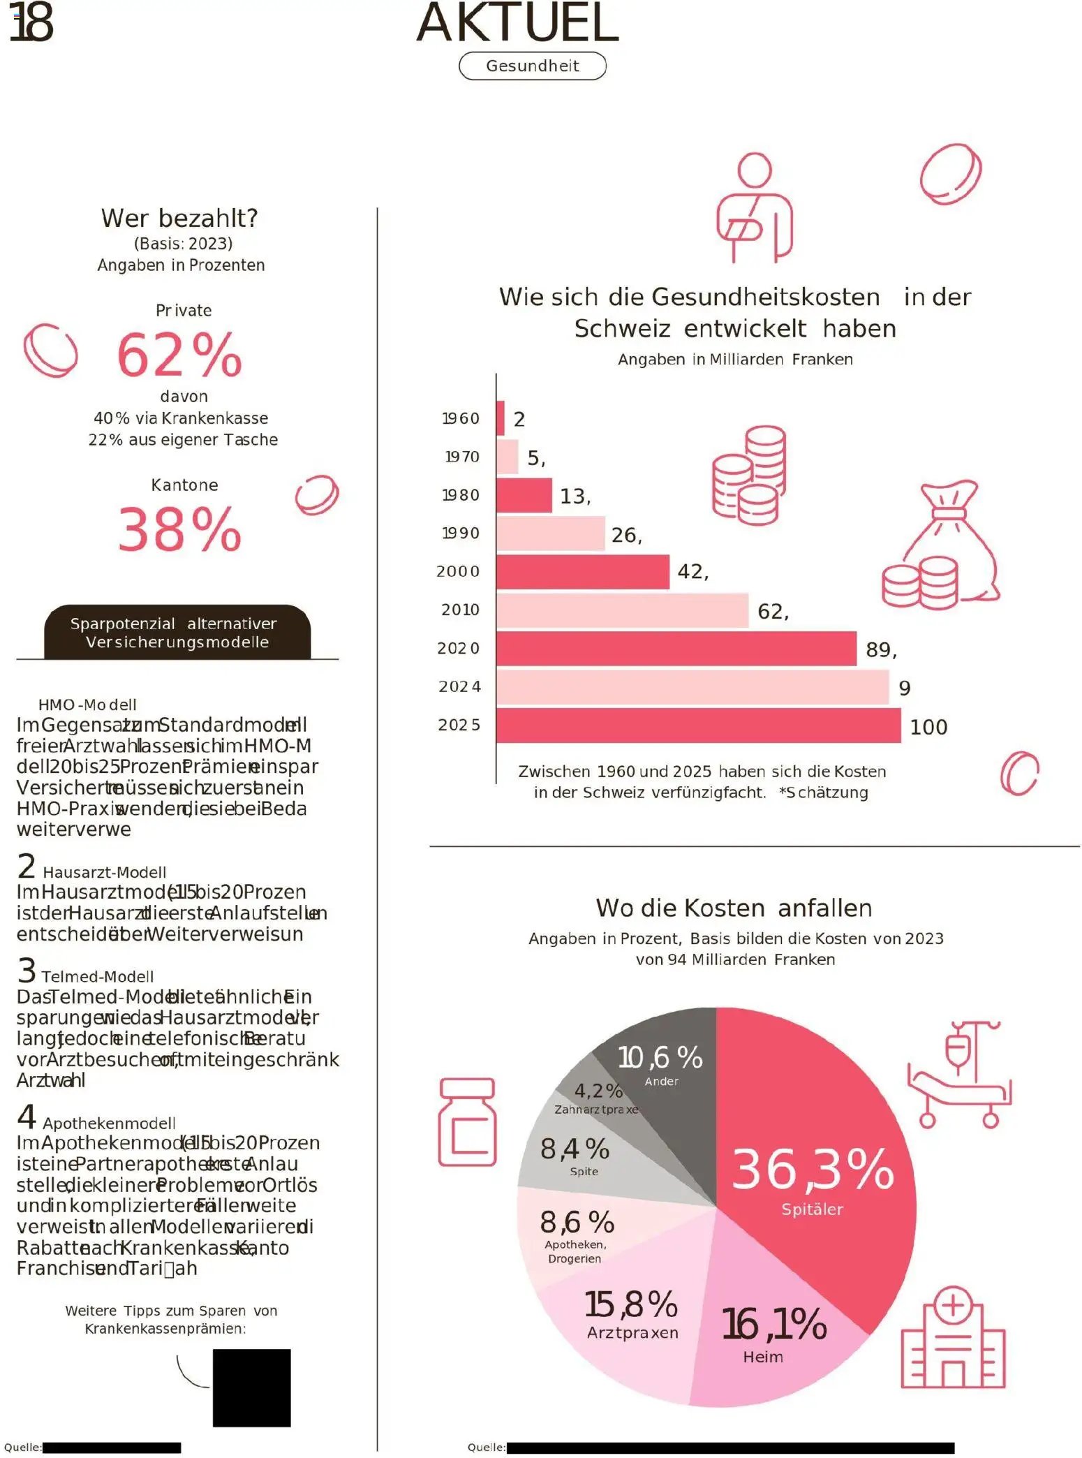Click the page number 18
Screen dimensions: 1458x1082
click(x=31, y=22)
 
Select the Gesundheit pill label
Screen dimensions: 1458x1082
click(x=532, y=66)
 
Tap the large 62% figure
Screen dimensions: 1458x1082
click(x=179, y=355)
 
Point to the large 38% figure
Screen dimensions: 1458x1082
click(x=179, y=529)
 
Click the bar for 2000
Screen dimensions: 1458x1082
click(x=582, y=572)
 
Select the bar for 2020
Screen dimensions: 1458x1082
click(x=676, y=649)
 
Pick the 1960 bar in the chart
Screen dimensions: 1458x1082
click(x=501, y=418)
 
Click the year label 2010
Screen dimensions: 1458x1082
click(x=460, y=610)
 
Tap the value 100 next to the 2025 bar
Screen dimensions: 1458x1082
click(x=928, y=727)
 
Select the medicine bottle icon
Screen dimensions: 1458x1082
click(x=467, y=1122)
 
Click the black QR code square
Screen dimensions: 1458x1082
click(x=251, y=1387)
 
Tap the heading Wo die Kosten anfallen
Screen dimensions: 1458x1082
click(x=734, y=908)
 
